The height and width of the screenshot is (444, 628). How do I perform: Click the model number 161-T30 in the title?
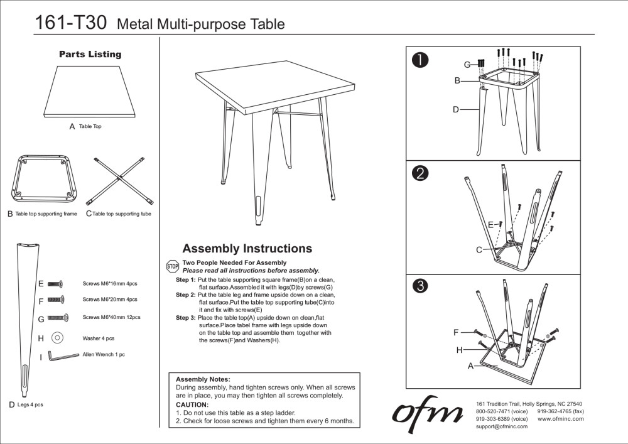pyautogui.click(x=71, y=23)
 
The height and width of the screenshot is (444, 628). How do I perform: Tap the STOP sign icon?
pyautogui.click(x=172, y=266)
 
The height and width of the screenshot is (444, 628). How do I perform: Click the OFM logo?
pyautogui.click(x=428, y=413)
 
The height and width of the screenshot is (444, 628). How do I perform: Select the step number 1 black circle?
pyautogui.click(x=420, y=60)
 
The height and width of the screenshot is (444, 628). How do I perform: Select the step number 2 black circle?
pyautogui.click(x=420, y=173)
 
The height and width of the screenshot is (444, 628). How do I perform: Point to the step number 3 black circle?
pyautogui.click(x=420, y=286)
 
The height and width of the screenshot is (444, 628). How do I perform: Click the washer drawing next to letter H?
pyautogui.click(x=57, y=338)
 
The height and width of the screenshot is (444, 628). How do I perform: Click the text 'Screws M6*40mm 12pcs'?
pyautogui.click(x=111, y=318)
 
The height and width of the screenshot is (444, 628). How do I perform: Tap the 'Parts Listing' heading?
pyautogui.click(x=90, y=55)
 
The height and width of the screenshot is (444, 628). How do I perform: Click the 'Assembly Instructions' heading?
pyautogui.click(x=247, y=249)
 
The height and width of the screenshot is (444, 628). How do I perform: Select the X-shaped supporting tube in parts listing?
pyautogui.click(x=120, y=180)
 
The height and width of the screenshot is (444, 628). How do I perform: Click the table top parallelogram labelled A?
pyautogui.click(x=90, y=92)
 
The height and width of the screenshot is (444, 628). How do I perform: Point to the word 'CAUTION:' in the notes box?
pyautogui.click(x=192, y=404)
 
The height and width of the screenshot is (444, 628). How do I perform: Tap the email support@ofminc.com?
pyautogui.click(x=502, y=426)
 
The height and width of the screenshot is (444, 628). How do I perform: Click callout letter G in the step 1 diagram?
pyautogui.click(x=467, y=65)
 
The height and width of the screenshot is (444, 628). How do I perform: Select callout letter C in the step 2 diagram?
pyautogui.click(x=479, y=250)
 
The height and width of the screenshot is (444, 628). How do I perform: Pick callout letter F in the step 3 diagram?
pyautogui.click(x=456, y=332)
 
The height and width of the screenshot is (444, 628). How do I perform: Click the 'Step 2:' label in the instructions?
pyautogui.click(x=185, y=295)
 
